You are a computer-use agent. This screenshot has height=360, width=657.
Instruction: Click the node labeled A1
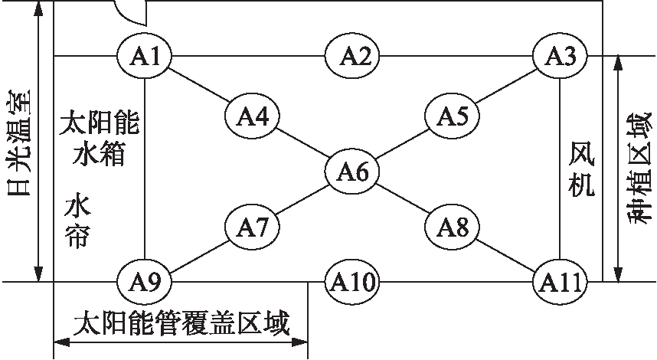pos(145,55)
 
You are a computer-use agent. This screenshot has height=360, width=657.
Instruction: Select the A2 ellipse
pos(355,55)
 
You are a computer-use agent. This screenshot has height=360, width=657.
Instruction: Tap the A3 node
pos(561,55)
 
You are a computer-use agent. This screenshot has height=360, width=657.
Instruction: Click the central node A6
pos(352,172)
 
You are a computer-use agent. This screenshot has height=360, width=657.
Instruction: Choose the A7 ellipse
pos(252,226)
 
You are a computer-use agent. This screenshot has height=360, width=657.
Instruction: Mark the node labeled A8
pos(453,226)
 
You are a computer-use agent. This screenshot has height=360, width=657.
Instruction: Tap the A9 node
pos(145,281)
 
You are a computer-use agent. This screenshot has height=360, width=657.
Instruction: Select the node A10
pos(353,282)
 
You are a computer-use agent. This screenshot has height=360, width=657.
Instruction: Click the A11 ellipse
pos(561,281)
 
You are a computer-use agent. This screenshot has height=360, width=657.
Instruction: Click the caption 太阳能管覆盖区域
pos(181,325)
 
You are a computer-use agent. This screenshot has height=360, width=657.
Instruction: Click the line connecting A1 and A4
pos(199,86)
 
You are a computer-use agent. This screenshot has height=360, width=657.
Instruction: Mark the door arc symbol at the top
pos(129,9)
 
